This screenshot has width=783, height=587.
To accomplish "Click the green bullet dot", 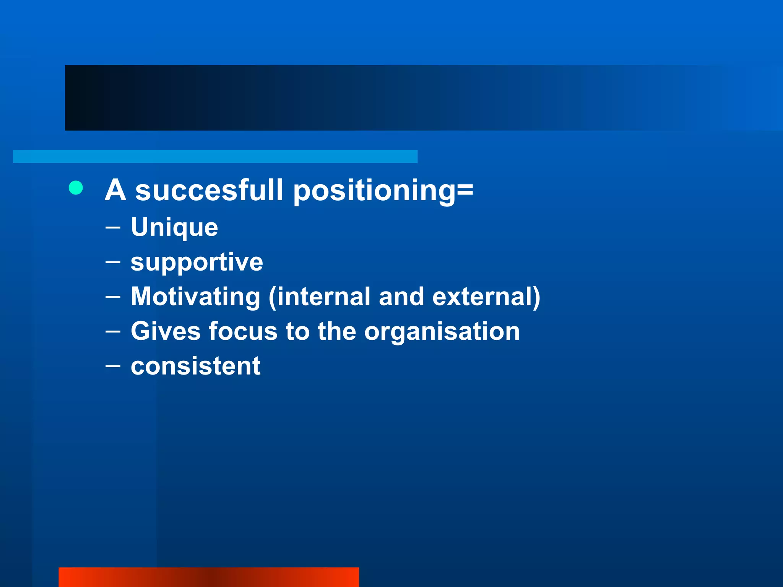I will point(76,188).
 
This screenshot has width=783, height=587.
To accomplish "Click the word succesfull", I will point(209,190).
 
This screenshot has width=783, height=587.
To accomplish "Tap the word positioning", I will point(374,191).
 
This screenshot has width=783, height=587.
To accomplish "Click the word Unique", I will point(174,228).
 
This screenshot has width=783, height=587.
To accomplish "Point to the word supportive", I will point(197,263).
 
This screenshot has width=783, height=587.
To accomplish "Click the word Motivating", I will point(195,297).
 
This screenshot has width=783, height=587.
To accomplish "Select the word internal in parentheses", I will point(323,297).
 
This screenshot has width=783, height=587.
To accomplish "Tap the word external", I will point(484,297).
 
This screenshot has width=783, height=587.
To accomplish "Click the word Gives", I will point(166,331).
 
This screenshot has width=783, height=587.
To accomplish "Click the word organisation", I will point(442,332).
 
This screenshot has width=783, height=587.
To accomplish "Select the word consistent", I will point(195,366).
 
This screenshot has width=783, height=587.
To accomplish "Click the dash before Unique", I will point(113,227).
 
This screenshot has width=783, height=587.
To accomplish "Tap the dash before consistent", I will point(113,366).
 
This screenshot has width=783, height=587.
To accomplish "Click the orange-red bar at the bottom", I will point(208,577).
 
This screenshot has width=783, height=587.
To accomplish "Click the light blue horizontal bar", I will point(215,156).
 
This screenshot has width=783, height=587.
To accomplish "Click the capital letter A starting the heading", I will point(115,190).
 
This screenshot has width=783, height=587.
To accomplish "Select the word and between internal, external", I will point(401,297).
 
